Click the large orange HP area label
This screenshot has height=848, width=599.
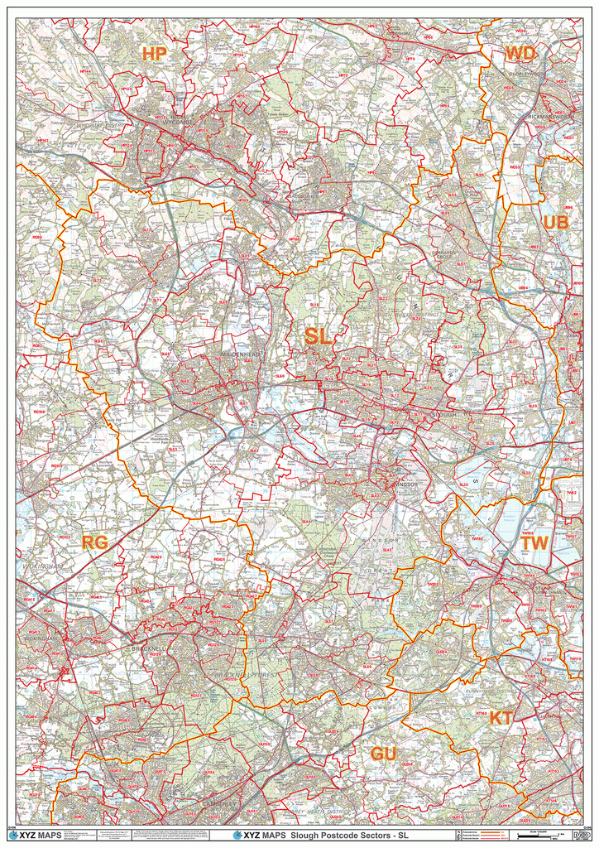pos(154,54)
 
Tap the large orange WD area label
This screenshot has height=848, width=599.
pos(520,54)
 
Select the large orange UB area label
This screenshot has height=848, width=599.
pos(555,223)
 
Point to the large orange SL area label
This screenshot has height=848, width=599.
pos(318,336)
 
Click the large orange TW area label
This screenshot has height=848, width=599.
pos(534,544)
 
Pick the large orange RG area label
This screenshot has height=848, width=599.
pos(94,542)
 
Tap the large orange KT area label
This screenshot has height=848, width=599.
pos(501,718)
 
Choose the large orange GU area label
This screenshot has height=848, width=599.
pos(383,754)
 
